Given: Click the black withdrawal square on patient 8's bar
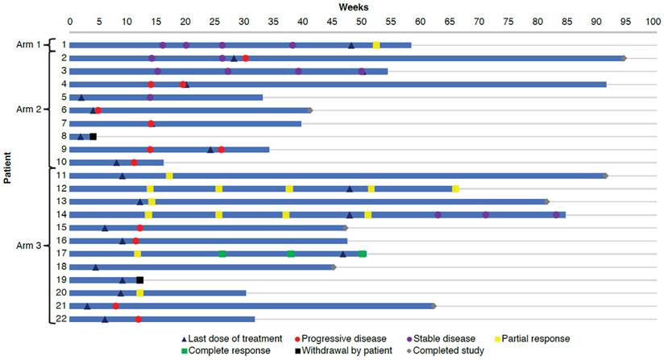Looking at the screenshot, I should point(93,136).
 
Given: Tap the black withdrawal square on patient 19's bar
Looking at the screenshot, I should point(139,280).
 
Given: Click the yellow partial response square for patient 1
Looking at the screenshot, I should point(376,45).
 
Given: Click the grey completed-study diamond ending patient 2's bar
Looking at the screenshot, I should point(624,58).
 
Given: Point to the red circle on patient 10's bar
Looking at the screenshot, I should point(134,163).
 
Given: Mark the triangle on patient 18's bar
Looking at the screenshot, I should point(95,267).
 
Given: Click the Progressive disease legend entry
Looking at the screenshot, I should point(339,338).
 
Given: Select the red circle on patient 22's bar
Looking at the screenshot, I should point(139,320).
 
